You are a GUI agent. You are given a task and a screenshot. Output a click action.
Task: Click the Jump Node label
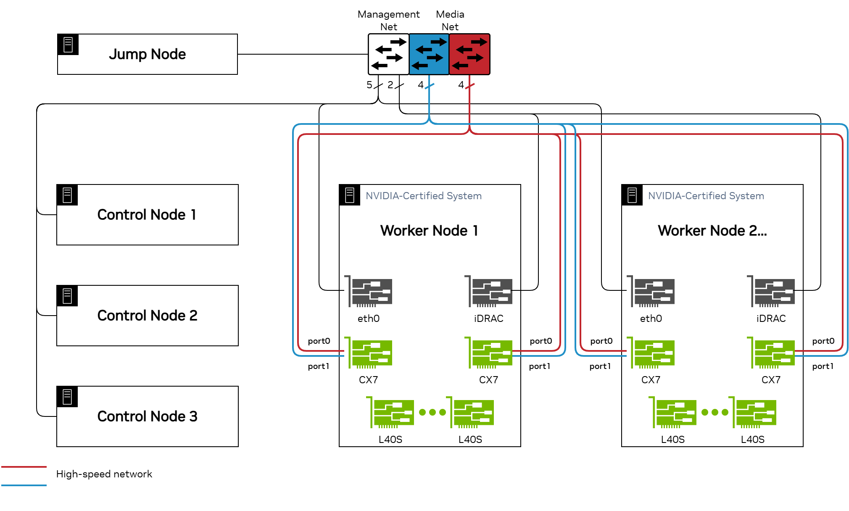[147, 54]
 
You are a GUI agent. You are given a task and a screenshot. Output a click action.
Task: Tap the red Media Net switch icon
[469, 54]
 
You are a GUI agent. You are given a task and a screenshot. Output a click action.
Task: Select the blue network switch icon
[429, 54]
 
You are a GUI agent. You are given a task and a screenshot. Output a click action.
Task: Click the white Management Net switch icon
[389, 54]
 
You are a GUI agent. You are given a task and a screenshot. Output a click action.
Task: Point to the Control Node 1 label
[147, 215]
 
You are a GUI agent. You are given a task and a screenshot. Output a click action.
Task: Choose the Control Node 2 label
[147, 316]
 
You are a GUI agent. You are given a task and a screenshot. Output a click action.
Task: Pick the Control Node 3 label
[147, 416]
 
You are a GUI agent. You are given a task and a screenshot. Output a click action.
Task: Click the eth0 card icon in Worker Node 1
[369, 292]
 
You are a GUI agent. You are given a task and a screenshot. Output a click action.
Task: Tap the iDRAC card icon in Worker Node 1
[490, 292]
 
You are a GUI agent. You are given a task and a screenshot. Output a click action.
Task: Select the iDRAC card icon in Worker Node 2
[772, 292]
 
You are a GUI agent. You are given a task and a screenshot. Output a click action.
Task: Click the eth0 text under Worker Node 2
[651, 319]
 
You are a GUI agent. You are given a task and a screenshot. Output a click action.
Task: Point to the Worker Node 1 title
[429, 231]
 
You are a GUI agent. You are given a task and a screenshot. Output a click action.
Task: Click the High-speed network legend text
[104, 474]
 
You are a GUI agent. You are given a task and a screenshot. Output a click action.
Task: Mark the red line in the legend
[24, 466]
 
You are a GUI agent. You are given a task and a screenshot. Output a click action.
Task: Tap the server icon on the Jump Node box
[68, 45]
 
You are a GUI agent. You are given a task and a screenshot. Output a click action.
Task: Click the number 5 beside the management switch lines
[369, 85]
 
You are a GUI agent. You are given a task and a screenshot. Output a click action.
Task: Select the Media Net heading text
[450, 20]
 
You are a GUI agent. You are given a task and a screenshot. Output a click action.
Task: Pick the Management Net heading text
[388, 20]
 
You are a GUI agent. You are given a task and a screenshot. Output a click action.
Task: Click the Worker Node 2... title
[712, 231]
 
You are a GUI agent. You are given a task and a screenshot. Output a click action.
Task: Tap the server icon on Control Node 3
[67, 397]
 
